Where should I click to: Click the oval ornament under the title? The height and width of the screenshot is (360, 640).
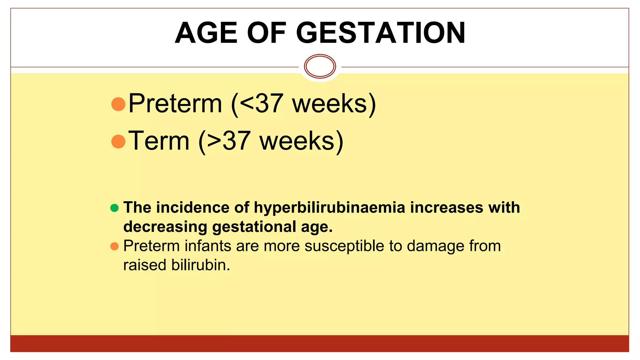(320, 66)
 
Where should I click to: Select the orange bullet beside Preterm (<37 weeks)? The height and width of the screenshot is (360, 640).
(118, 104)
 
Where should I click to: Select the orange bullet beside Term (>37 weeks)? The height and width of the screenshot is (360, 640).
(118, 142)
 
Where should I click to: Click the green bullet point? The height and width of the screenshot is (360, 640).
(114, 208)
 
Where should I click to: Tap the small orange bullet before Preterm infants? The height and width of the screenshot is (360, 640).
(114, 246)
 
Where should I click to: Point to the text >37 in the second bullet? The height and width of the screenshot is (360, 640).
(229, 141)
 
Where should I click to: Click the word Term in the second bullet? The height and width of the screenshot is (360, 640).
(159, 141)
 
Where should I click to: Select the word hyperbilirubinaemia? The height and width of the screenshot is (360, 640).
(329, 208)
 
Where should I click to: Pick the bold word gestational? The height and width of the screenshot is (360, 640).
(254, 227)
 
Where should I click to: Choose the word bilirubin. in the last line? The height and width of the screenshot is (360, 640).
(200, 265)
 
